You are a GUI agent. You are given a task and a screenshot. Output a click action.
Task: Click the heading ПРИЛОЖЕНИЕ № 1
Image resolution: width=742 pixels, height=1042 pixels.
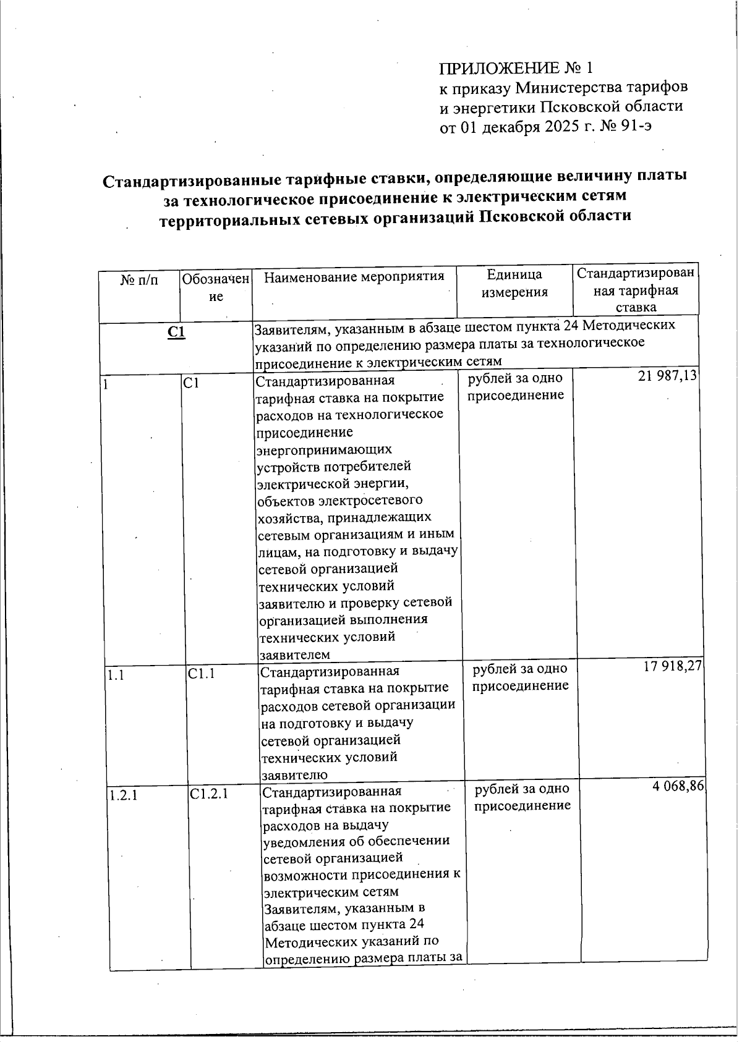tap(516, 67)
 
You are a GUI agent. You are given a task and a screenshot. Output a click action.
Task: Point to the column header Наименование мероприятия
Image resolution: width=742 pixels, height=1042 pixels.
tap(354, 276)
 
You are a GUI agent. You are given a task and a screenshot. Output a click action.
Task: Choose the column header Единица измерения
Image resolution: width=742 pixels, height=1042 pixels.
tap(514, 284)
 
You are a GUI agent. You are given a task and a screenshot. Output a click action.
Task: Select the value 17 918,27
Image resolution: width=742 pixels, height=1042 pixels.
tap(673, 666)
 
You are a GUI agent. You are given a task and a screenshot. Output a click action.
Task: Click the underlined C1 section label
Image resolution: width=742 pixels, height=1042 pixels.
tap(176, 333)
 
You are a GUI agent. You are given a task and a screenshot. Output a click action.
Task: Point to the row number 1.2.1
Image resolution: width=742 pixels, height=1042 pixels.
tap(123, 795)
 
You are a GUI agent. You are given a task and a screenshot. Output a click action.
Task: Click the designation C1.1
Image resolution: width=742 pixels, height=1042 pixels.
tap(202, 674)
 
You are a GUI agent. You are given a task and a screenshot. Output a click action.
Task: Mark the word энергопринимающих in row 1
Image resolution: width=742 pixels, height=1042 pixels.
tap(324, 449)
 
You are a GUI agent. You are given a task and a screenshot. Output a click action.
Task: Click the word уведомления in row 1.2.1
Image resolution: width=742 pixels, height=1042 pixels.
tap(304, 841)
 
